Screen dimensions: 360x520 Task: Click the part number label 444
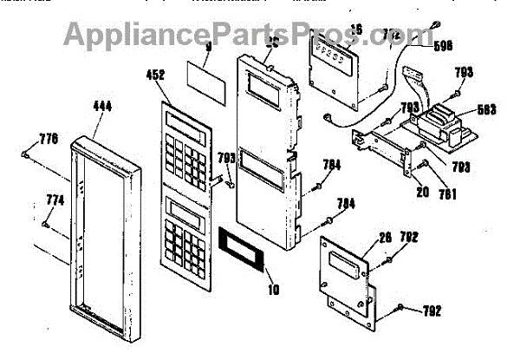click(x=101, y=108)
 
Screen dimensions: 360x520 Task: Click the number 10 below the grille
click(x=273, y=288)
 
